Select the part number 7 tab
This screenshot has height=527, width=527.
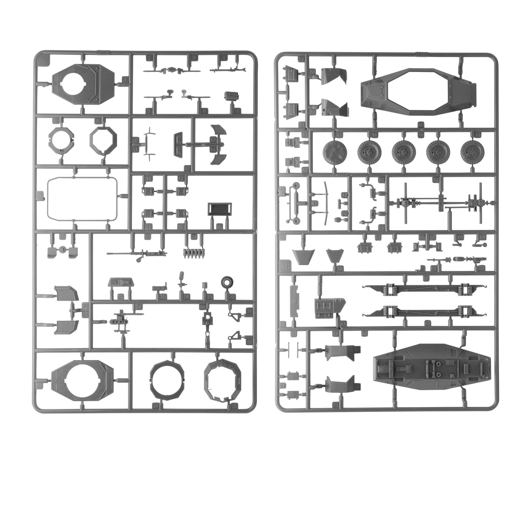tap(237, 111)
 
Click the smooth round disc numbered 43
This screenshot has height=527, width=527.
tap(335, 152)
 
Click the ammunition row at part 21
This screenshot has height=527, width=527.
tap(193, 254)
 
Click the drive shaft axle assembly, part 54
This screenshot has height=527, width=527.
tap(441, 202)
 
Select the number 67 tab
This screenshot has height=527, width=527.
tap(343, 323)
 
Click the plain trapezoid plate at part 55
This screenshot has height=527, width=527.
tap(303, 256)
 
